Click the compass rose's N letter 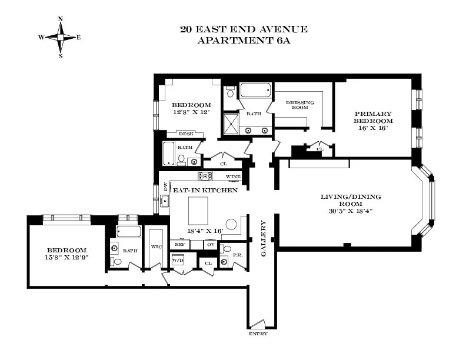pos(61,19)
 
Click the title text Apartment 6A pos(244,41)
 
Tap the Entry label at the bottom pos(258,334)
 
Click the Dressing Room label pos(300,105)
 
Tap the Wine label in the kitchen pos(234,176)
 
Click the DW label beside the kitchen pos(165,186)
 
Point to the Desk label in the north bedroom pos(186,134)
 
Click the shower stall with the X pos(231,124)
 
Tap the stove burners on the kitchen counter pos(205,175)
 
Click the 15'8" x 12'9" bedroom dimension pos(67,257)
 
